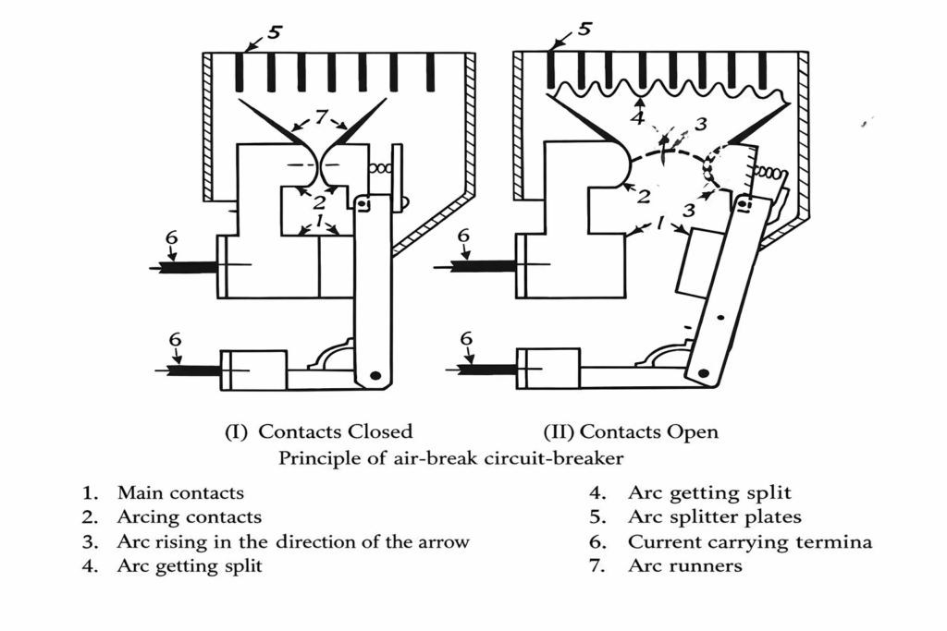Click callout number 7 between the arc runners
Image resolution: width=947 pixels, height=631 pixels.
[x=321, y=117]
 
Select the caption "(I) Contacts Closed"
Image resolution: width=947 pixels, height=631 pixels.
[x=319, y=431]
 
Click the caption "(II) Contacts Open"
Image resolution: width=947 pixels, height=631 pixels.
[x=630, y=431]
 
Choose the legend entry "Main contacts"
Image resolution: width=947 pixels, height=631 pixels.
[x=180, y=493]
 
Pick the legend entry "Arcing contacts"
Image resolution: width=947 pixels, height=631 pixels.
[x=189, y=517]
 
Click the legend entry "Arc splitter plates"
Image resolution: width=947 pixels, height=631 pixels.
[x=714, y=517]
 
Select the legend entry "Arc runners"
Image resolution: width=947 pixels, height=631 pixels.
[x=684, y=565]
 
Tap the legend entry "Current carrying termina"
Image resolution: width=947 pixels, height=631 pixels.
[x=749, y=542]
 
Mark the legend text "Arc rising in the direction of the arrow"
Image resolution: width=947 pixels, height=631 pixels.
[x=292, y=542]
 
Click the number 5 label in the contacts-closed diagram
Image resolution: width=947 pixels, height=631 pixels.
[x=275, y=32]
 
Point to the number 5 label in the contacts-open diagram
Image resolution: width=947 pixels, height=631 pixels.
[x=584, y=30]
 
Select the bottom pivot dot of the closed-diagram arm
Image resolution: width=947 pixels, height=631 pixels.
[x=375, y=375]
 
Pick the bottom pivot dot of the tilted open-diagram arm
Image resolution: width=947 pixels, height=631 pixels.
[x=704, y=372]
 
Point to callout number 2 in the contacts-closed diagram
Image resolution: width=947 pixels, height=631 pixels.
[x=318, y=201]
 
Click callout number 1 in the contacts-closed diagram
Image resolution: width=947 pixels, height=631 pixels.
[x=318, y=223]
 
